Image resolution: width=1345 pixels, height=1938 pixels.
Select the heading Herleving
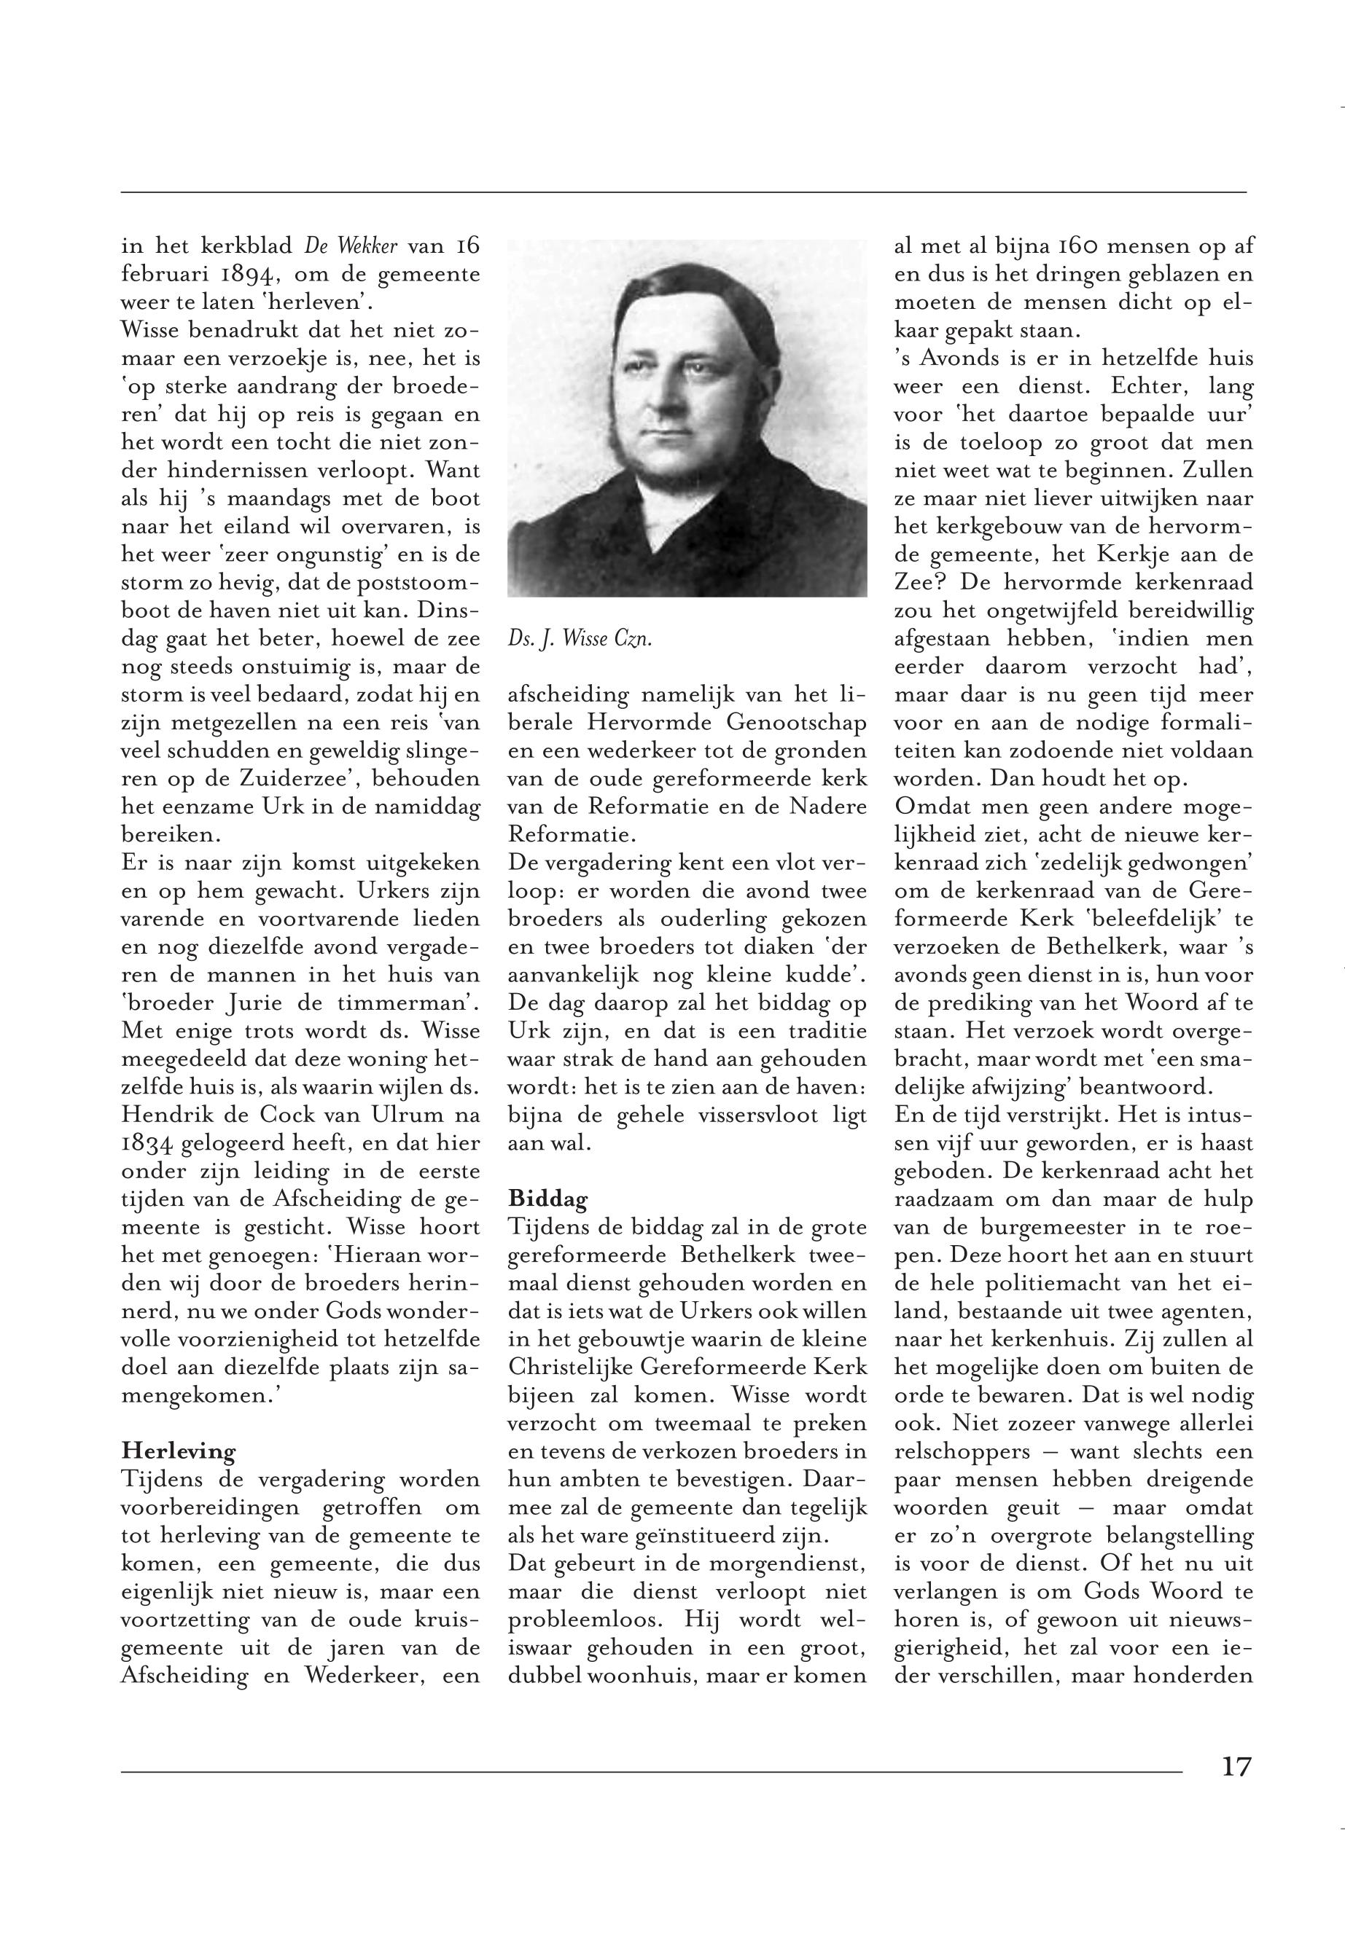tap(178, 1451)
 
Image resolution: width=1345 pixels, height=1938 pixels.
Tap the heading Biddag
tap(547, 1197)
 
